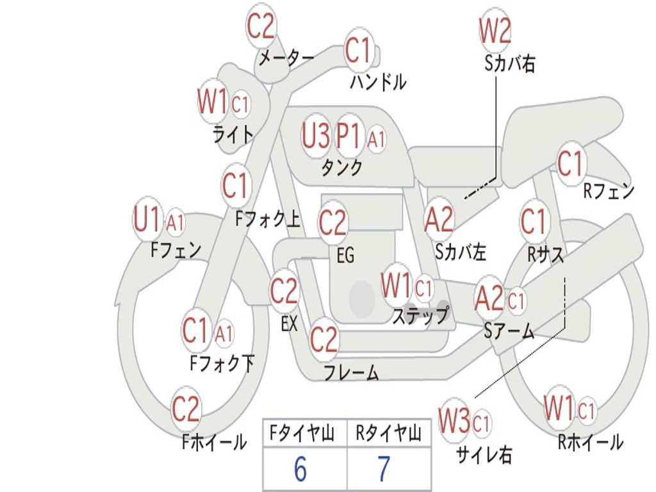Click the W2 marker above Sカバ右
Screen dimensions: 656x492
tap(495, 30)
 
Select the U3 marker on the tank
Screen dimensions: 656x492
tap(315, 136)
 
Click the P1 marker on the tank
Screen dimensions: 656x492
tap(348, 136)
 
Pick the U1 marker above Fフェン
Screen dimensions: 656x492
tap(147, 219)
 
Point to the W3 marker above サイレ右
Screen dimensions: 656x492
tap(454, 420)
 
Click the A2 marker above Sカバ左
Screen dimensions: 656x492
tap(439, 219)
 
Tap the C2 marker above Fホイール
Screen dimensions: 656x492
tap(185, 408)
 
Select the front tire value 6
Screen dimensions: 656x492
tap(300, 469)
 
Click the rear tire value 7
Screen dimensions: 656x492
tap(384, 469)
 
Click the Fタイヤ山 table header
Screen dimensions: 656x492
tap(302, 434)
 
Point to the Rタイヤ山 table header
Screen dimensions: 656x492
tap(388, 434)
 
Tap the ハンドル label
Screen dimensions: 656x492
tap(378, 82)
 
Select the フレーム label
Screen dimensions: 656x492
tap(352, 372)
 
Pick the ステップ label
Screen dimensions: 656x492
tap(421, 315)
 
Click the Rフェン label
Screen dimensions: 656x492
tap(609, 191)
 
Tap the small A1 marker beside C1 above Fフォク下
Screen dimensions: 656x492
tap(224, 333)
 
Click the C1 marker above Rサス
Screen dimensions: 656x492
tap(534, 221)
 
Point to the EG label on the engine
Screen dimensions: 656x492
tap(345, 255)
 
